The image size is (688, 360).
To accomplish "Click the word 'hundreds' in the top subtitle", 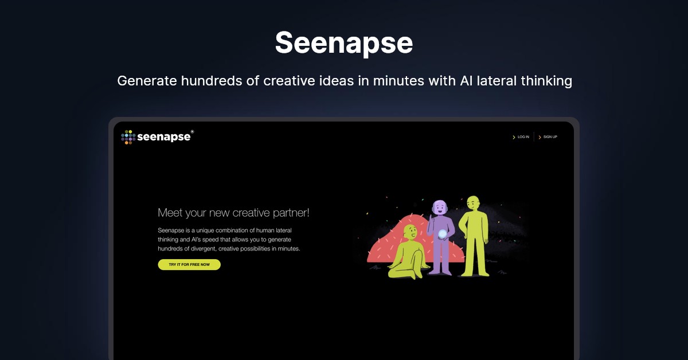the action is point(212,81).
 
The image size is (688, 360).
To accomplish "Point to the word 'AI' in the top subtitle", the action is point(466,81).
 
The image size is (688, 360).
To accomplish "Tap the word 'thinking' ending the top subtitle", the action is point(546,81).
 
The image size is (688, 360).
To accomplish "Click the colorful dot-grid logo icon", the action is point(128,137).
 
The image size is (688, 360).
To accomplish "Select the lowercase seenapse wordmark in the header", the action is point(164,137).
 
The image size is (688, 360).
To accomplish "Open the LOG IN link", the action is point(523,137).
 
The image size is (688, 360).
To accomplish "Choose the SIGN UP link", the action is point(550,137).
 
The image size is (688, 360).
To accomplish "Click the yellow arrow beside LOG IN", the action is point(514,138).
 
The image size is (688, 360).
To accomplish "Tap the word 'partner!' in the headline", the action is point(291,213).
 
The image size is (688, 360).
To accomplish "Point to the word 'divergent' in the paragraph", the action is point(203,249).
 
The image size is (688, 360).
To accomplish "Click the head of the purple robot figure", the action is point(440,208).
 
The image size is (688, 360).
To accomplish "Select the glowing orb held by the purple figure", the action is point(442,234).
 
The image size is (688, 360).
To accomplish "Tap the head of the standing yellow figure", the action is point(474,204).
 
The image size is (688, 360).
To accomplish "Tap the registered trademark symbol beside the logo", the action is point(192,132).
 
